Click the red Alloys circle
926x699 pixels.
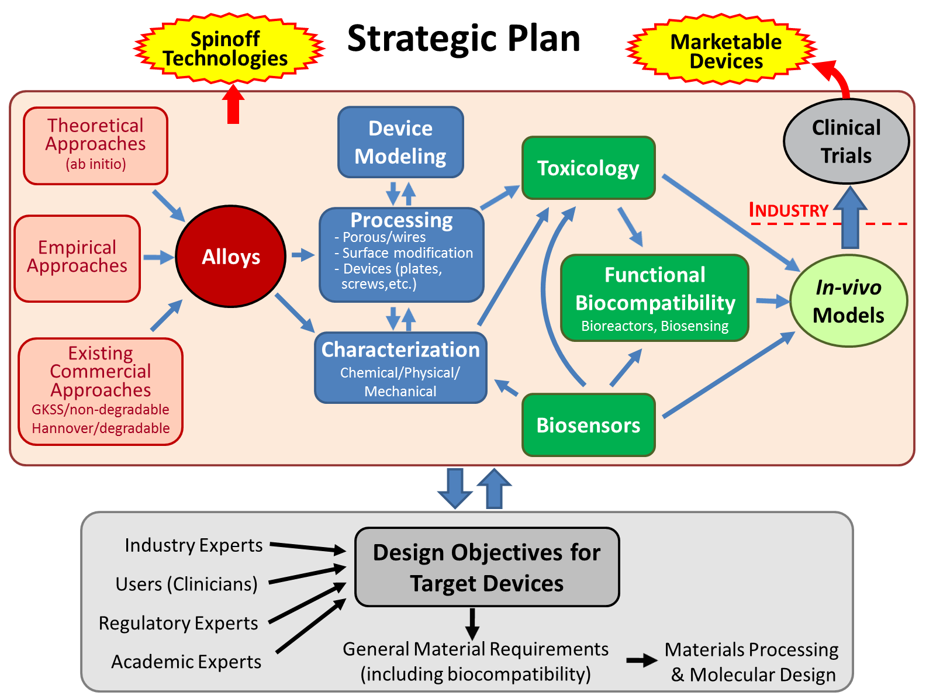point(230,256)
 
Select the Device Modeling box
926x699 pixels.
point(400,142)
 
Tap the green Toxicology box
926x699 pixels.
point(589,168)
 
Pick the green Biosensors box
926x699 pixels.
point(589,424)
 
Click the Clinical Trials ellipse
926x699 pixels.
point(846,141)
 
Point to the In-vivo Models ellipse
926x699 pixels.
point(848,301)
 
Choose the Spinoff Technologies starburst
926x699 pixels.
point(229,48)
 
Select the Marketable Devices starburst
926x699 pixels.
point(721,49)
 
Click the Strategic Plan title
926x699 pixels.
point(464,39)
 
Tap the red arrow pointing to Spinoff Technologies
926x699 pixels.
point(233,103)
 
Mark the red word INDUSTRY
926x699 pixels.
point(788,210)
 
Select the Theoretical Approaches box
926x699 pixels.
point(95,146)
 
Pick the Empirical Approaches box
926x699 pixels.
point(77,258)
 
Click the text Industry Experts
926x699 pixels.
point(194,545)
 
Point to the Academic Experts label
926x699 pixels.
point(186,662)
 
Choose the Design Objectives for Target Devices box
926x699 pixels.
point(487,567)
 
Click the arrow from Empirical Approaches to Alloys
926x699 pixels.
point(159,257)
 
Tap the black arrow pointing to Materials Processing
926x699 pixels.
point(642,660)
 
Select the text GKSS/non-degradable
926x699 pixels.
point(101,409)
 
